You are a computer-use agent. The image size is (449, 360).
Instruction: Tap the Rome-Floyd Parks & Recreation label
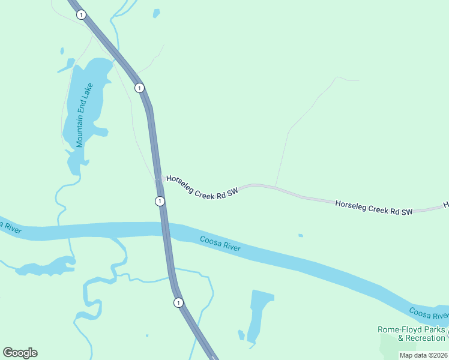[411, 334]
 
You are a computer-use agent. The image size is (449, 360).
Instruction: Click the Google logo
[20, 353]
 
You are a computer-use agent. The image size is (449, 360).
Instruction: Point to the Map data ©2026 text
[423, 355]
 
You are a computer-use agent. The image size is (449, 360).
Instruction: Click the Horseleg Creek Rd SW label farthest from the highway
[374, 208]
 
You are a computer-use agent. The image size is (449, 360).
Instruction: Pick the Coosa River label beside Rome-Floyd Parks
[428, 313]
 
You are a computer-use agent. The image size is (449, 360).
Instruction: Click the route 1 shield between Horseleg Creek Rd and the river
[160, 201]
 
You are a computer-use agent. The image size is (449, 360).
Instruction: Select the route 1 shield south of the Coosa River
[178, 302]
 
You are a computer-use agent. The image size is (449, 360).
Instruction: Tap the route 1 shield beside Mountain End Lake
[139, 88]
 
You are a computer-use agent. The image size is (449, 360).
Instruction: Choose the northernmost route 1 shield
[81, 14]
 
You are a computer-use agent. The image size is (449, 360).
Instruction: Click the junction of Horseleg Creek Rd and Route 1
[157, 178]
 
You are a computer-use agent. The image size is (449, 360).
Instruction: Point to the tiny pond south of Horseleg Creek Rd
[301, 235]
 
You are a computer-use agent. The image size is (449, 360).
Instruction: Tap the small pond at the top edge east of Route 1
[157, 13]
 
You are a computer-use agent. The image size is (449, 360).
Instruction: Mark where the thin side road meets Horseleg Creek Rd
[275, 187]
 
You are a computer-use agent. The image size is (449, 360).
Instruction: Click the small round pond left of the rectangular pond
[241, 334]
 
